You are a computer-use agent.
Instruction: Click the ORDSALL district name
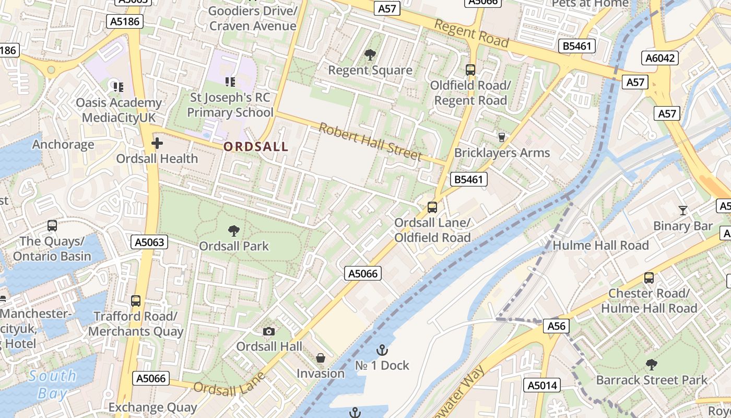256,147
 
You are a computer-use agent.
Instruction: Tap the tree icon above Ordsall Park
234,230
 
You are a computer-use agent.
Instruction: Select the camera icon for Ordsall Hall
269,331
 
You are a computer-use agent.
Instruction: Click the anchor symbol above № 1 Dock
382,350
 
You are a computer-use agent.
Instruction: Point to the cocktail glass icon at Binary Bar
683,211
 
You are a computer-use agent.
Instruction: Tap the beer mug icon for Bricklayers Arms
502,137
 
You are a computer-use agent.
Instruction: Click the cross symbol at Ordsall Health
157,143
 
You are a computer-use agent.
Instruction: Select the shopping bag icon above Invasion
321,358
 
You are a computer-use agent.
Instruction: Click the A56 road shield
556,326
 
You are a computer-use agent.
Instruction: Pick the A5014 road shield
543,386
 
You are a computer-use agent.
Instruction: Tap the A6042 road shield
660,58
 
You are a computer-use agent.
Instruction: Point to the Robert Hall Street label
370,142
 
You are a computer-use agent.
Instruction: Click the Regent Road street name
471,33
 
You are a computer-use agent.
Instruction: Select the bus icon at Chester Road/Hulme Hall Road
649,278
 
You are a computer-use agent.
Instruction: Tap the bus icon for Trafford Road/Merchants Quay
136,301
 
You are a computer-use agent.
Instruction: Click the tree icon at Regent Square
370,54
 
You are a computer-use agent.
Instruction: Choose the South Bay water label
52,384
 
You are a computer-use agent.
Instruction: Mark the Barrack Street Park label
652,380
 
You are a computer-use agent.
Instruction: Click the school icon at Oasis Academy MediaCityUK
119,87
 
